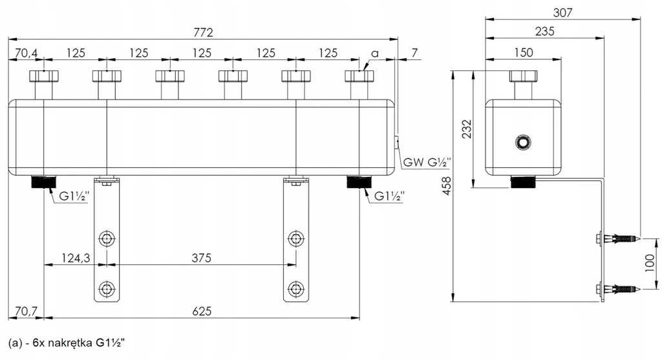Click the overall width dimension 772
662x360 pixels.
pyautogui.click(x=202, y=32)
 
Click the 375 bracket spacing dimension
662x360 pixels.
pyautogui.click(x=202, y=258)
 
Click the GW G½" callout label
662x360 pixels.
pyautogui.click(x=425, y=162)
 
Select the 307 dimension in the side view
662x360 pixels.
pyautogui.click(x=561, y=12)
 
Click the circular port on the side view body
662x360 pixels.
pyautogui.click(x=522, y=142)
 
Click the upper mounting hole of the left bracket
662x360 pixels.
pyautogui.click(x=105, y=239)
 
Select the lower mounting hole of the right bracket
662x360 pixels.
pyautogui.click(x=295, y=288)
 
